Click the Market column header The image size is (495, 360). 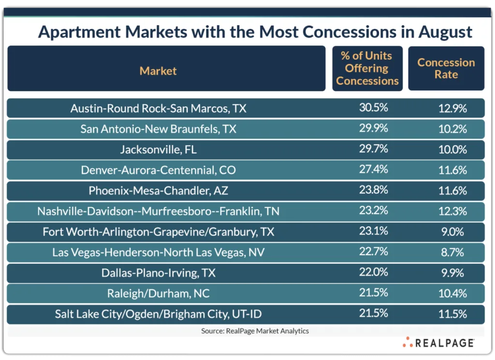158,71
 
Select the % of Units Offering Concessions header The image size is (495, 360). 367,68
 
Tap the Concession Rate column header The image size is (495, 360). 446,68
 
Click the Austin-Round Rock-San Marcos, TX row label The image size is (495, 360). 158,109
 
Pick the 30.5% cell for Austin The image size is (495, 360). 373,108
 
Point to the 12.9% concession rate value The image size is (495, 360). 452,109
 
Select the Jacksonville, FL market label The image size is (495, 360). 158,150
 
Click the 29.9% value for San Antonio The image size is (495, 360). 373,129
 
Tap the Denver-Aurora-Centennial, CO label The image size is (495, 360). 158,170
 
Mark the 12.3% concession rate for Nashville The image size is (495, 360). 452,211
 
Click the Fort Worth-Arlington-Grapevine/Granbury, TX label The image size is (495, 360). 158,232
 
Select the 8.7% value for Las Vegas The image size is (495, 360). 452,252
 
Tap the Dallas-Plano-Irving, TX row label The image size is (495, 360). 158,273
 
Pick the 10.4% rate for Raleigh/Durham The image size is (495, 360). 452,293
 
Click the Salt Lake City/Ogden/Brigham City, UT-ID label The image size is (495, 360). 158,314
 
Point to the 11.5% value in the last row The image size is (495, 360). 452,314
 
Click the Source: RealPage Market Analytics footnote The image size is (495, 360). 255,331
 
